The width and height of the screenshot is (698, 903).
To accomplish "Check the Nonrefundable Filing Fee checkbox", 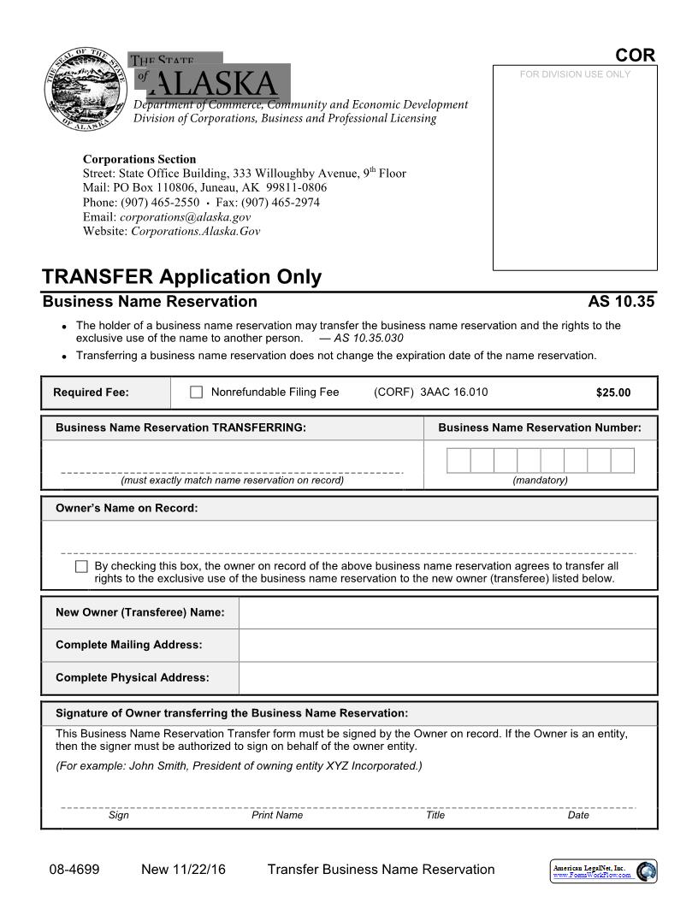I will [x=196, y=392].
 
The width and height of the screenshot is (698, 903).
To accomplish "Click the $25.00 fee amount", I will [x=612, y=393].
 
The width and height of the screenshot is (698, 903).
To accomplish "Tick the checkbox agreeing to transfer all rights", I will [x=81, y=566].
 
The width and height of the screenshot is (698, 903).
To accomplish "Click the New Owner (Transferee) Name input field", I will [x=447, y=612].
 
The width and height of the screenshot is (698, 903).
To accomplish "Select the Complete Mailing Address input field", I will [x=447, y=645].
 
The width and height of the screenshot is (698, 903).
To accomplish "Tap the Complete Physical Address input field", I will [x=447, y=677].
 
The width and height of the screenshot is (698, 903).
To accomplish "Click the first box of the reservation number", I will [x=458, y=461].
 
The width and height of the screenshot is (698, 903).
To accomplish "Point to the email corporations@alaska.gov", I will [x=185, y=217].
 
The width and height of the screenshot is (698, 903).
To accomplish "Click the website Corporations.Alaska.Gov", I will [x=195, y=231].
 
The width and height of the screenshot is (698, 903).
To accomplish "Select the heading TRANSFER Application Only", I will [x=182, y=277].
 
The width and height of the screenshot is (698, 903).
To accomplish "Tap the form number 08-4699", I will [x=74, y=870].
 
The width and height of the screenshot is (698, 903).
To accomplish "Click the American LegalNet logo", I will [x=602, y=871].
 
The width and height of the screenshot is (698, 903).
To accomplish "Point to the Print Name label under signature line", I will [x=277, y=816].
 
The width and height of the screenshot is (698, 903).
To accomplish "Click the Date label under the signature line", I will [x=578, y=816].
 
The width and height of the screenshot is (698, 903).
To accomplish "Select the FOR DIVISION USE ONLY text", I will [x=575, y=74].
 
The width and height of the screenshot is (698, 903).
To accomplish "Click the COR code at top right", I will [x=635, y=56].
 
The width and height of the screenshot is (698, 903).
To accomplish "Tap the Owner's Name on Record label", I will [x=127, y=509].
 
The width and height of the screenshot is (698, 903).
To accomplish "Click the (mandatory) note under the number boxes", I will [x=540, y=481].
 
